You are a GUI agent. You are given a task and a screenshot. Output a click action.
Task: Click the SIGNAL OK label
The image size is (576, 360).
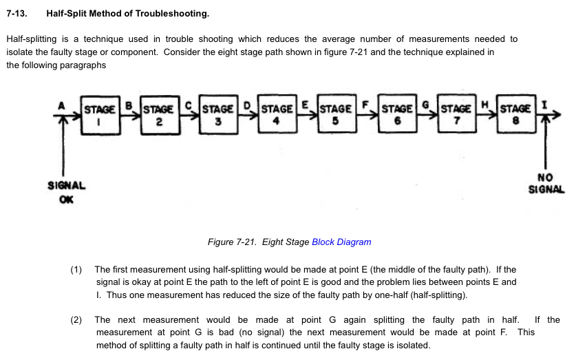click(x=66, y=192)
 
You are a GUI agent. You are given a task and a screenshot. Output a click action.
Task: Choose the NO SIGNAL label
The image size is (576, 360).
click(x=546, y=183)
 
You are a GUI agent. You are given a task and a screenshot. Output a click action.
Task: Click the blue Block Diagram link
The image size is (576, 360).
click(x=341, y=242)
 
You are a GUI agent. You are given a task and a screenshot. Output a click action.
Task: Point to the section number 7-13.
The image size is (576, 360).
click(x=17, y=14)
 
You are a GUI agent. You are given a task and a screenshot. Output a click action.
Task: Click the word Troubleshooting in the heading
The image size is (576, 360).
click(x=172, y=14)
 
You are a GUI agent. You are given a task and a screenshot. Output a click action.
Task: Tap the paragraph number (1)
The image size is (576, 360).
click(x=76, y=270)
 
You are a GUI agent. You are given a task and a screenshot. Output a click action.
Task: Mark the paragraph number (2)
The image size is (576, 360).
click(x=76, y=320)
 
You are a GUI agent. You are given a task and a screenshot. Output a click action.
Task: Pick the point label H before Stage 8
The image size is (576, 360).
click(x=484, y=105)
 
